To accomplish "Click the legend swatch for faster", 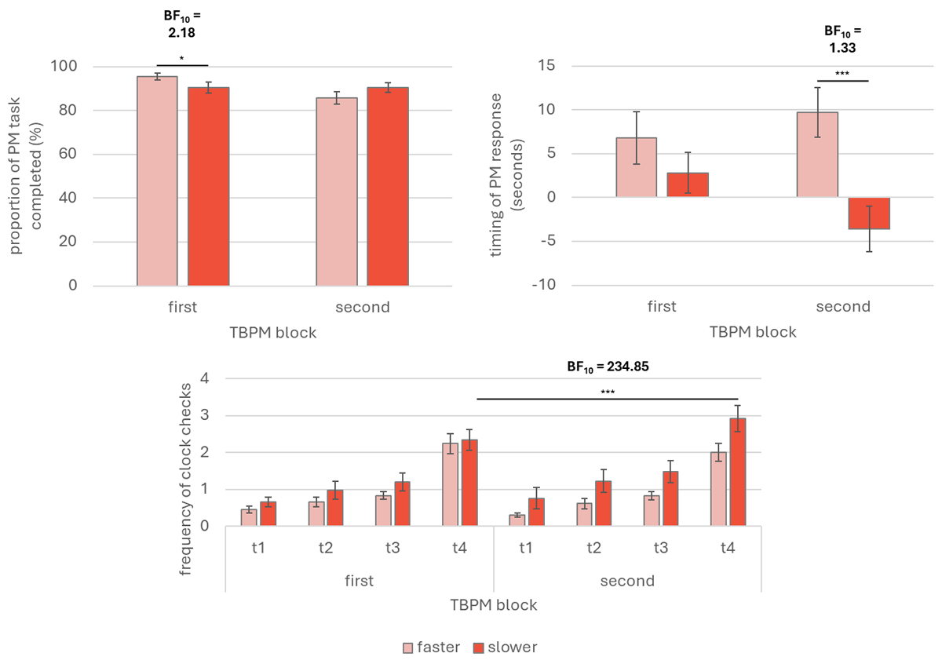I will click(x=409, y=648).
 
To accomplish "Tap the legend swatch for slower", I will click(x=478, y=648).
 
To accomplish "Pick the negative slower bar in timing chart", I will click(x=869, y=213).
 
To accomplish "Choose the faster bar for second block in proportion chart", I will click(x=337, y=192).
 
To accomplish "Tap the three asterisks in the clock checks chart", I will click(x=607, y=392).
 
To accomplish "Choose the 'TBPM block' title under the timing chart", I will click(x=753, y=332).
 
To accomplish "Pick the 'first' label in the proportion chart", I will click(x=182, y=307).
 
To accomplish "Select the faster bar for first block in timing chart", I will click(x=636, y=167).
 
